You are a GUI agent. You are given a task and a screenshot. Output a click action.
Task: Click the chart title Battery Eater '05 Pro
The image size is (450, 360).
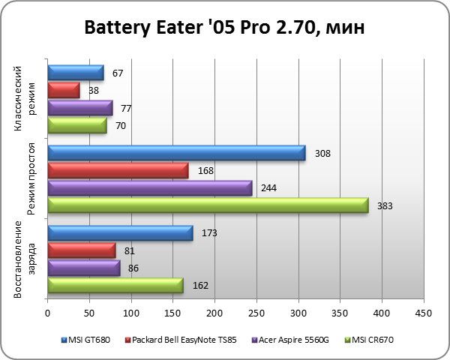coord(225,29)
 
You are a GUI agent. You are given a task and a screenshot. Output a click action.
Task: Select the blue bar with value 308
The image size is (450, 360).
coord(176,153)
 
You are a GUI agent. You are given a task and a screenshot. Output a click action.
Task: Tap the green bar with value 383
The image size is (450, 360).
coord(208,205)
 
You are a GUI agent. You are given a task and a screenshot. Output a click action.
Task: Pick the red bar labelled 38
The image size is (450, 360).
coord(63,91)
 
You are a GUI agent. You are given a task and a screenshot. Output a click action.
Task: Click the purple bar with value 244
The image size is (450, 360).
coord(149,188)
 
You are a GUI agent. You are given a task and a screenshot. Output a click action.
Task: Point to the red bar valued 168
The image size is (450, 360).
coord(118,171)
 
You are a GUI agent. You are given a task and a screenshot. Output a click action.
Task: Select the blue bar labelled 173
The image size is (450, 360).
coord(120,233)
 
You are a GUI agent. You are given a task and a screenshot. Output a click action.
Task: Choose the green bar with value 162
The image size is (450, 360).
coord(115,285)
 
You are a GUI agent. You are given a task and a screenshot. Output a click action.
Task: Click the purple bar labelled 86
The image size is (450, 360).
coord(83,268)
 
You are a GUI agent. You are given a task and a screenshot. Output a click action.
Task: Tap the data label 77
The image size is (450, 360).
coord(126,108)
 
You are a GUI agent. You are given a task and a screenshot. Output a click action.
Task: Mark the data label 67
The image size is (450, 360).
coord(117,73)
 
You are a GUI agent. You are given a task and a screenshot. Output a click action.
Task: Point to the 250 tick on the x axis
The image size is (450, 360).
coord(256,313)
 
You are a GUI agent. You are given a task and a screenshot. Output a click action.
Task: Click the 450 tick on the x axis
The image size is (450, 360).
coord(424,313)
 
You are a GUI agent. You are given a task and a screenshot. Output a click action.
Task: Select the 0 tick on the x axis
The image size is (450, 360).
coord(47,313)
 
